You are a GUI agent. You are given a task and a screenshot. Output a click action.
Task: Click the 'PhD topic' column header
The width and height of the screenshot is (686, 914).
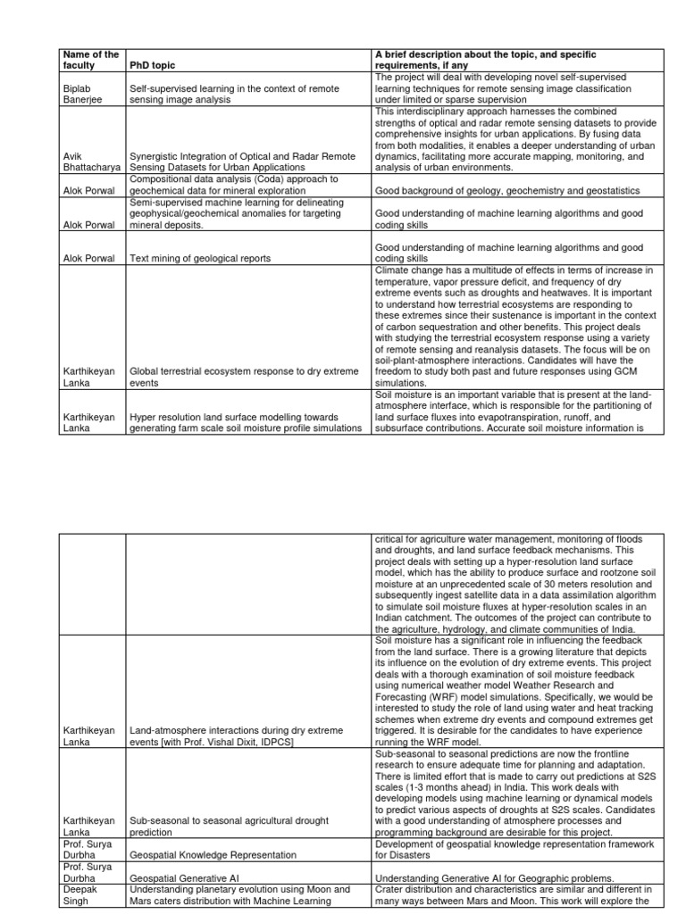click(x=153, y=65)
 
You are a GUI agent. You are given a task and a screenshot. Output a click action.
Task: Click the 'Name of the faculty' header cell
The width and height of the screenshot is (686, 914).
click(x=89, y=60)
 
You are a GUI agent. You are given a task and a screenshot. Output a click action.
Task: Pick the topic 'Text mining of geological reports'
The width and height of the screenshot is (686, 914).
click(x=200, y=258)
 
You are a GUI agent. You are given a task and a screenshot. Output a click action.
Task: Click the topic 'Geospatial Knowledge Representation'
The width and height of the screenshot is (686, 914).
click(x=213, y=854)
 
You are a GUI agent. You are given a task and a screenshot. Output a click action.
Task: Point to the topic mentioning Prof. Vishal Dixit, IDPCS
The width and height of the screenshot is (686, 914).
click(x=236, y=735)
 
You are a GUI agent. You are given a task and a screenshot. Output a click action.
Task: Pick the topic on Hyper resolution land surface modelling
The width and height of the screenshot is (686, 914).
click(x=246, y=422)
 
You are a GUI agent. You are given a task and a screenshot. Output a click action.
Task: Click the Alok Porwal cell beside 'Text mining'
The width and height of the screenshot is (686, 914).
click(x=89, y=258)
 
